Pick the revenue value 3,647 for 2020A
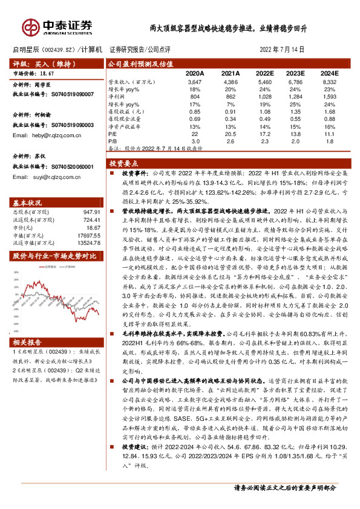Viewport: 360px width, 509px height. point(195,81)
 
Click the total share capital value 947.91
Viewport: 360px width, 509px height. point(88,212)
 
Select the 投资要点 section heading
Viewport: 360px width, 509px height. point(123,164)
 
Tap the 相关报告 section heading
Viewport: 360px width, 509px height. point(28,341)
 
